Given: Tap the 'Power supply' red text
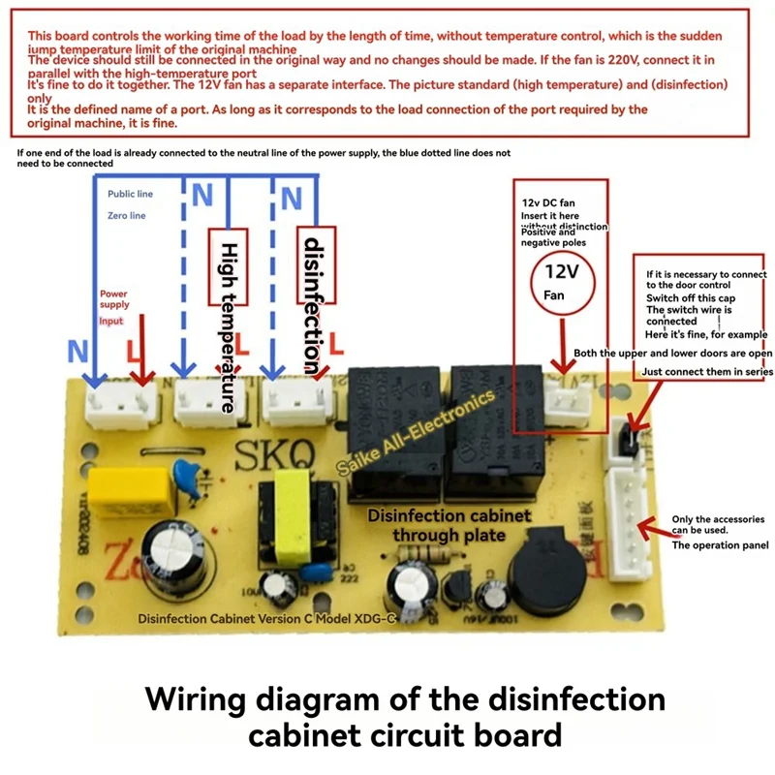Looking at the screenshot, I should (x=114, y=298).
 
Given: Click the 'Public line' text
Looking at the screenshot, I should (x=130, y=194).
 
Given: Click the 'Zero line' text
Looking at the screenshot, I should (x=126, y=216).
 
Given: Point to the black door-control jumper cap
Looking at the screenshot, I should (x=625, y=441).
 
